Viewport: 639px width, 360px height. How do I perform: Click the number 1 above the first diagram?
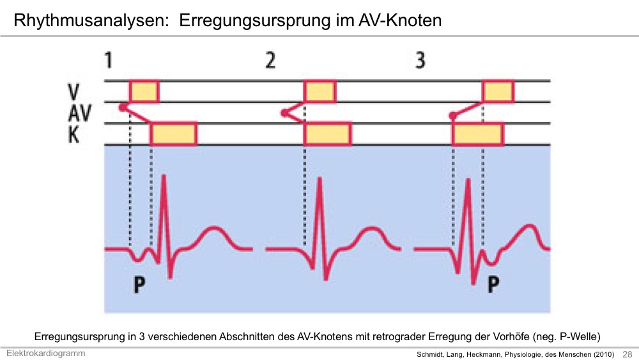click(109, 60)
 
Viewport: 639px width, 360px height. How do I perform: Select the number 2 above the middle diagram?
click(270, 60)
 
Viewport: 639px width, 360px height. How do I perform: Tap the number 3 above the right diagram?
click(420, 60)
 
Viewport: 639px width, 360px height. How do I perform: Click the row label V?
click(73, 91)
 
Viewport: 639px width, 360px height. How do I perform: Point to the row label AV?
click(79, 113)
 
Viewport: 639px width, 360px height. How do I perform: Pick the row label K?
click(73, 134)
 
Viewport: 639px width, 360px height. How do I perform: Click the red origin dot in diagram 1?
click(122, 107)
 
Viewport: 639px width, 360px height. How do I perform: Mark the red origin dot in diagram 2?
click(284, 113)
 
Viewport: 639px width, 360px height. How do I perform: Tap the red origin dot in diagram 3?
click(453, 116)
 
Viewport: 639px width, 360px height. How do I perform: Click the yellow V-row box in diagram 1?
click(144, 91)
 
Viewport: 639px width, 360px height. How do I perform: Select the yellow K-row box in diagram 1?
click(174, 134)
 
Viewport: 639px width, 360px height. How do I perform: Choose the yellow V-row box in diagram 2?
click(320, 91)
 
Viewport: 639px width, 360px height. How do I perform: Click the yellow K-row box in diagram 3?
click(478, 134)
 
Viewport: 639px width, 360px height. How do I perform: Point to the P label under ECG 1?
click(139, 285)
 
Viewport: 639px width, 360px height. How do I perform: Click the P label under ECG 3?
click(493, 285)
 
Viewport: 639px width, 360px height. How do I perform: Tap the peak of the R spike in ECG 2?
click(319, 178)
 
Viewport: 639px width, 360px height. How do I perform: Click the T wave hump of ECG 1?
click(212, 228)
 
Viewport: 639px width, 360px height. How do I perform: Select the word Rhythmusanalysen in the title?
click(91, 20)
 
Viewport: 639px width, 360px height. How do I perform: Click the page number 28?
click(627, 354)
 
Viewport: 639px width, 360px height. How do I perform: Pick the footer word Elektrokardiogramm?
click(45, 354)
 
